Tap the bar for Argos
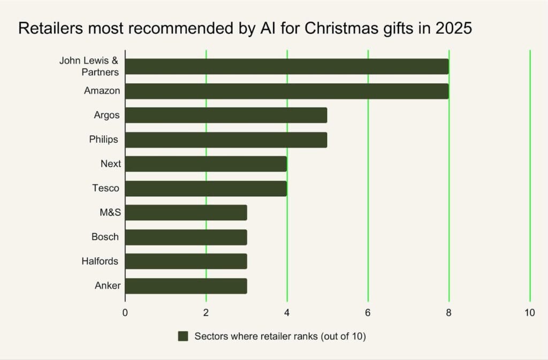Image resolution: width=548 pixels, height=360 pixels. (226, 115)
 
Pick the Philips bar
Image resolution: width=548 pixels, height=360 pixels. (226, 140)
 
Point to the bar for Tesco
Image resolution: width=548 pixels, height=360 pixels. (205, 188)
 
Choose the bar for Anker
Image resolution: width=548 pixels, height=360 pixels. (186, 286)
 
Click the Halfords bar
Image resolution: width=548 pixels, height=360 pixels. (186, 261)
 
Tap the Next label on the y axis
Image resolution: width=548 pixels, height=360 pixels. (111, 164)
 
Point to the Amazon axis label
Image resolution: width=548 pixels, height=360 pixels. (102, 91)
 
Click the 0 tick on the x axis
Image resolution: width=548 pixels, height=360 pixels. (125, 313)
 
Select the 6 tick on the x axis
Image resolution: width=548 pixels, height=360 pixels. (368, 313)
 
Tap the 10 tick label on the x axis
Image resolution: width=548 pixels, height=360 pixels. (529, 313)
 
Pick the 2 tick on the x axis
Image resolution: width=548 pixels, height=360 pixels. (206, 313)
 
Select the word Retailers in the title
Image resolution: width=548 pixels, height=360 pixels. (47, 28)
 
